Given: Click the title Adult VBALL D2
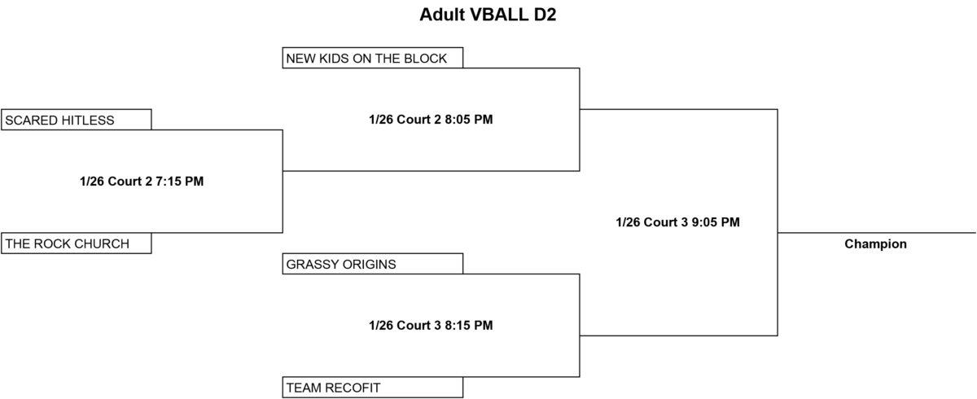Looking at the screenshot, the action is point(488,15).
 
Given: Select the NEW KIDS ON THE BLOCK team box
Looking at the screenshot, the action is point(373,58).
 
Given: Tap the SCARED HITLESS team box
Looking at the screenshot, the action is point(77,120).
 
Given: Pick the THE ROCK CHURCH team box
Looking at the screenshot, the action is point(77,243).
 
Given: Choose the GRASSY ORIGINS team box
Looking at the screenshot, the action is point(373,263).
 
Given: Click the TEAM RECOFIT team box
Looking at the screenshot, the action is point(373,388).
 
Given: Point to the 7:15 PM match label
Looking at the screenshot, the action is point(142,181).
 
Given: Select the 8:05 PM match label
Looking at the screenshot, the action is point(431,119).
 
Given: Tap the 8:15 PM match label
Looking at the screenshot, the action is point(431,325).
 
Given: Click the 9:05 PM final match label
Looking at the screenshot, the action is point(677,222).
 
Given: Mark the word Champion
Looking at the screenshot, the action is point(875,243).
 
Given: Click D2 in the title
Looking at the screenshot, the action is point(545,15).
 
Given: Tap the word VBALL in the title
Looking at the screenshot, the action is point(499,15).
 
